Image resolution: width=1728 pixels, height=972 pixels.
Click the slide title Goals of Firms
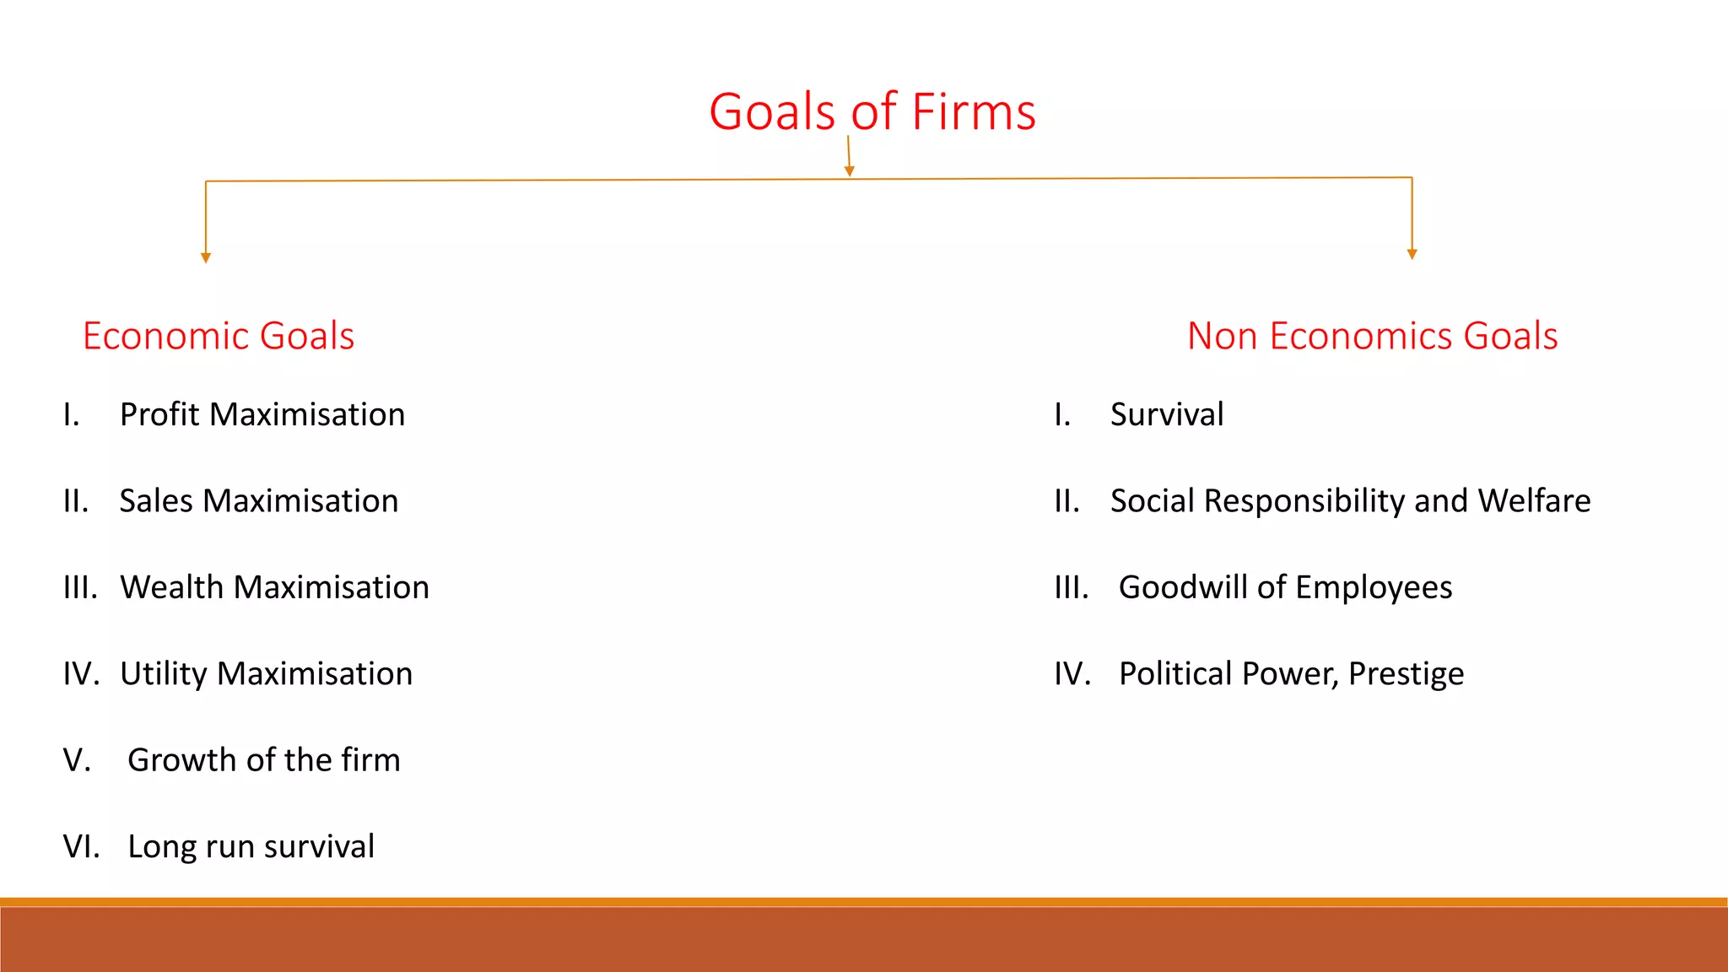tap(872, 112)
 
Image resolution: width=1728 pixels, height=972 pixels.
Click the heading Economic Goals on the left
tap(219, 336)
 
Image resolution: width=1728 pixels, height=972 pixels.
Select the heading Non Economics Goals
tap(1372, 336)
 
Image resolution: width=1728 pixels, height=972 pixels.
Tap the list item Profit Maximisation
tap(262, 415)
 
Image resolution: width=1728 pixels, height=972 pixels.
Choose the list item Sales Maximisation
tap(258, 501)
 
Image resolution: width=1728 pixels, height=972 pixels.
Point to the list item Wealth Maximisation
tap(274, 587)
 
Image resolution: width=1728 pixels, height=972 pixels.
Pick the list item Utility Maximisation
tap(266, 674)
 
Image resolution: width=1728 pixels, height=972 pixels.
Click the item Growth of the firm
tap(263, 760)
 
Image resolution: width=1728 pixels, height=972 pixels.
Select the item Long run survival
tap(251, 846)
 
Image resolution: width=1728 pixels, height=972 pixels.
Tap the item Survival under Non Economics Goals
tap(1166, 415)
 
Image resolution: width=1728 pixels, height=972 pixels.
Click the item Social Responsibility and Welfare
tap(1350, 501)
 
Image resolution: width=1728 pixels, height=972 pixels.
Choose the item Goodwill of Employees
tap(1285, 587)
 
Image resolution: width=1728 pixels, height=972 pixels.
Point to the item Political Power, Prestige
tap(1291, 674)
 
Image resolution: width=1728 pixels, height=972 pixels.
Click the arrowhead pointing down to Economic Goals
tap(206, 257)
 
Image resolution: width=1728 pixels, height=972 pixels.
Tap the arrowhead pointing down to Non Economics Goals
tap(1412, 254)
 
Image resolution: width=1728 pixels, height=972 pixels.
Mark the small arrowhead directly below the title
tap(850, 171)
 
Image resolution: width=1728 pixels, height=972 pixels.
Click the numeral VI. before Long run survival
tap(81, 846)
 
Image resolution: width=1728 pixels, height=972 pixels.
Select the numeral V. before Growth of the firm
tap(77, 760)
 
